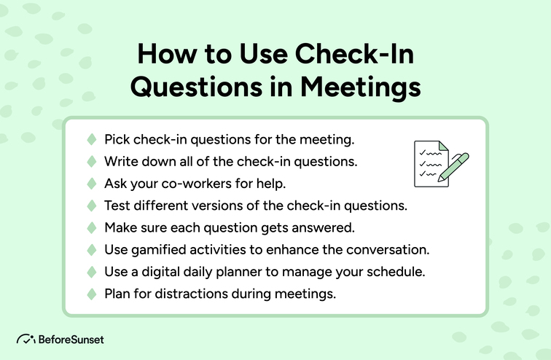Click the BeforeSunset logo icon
26,339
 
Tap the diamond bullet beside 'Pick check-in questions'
92,138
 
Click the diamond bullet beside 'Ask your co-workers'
92,183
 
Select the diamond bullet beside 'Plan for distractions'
92,294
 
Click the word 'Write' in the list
120,161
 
